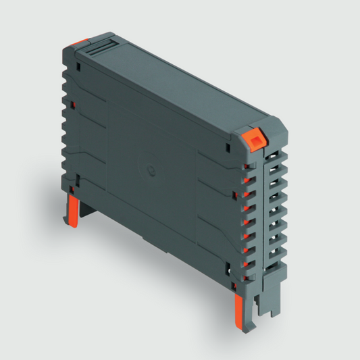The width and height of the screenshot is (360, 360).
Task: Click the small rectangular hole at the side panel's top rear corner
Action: click(x=79, y=68)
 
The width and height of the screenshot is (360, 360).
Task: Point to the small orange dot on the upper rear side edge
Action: click(x=70, y=105)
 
